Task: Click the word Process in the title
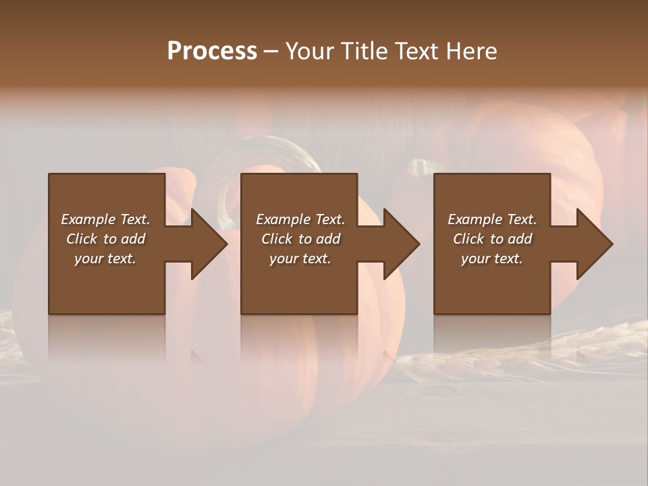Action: pyautogui.click(x=212, y=51)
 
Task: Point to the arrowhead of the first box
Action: pyautogui.click(x=209, y=244)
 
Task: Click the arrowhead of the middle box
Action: pyautogui.click(x=401, y=244)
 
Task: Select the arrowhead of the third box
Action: pyautogui.click(x=594, y=244)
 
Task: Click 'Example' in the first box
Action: pyautogui.click(x=88, y=219)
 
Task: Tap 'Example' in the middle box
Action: pyautogui.click(x=283, y=219)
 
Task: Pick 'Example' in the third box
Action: pyautogui.click(x=475, y=219)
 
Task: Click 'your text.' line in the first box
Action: pyautogui.click(x=105, y=259)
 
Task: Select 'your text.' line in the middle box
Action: pyautogui.click(x=300, y=259)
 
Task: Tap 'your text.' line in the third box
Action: pyautogui.click(x=492, y=259)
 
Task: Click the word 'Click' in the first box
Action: pyautogui.click(x=82, y=239)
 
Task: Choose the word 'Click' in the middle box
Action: pyautogui.click(x=277, y=239)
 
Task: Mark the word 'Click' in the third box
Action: pyautogui.click(x=469, y=239)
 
